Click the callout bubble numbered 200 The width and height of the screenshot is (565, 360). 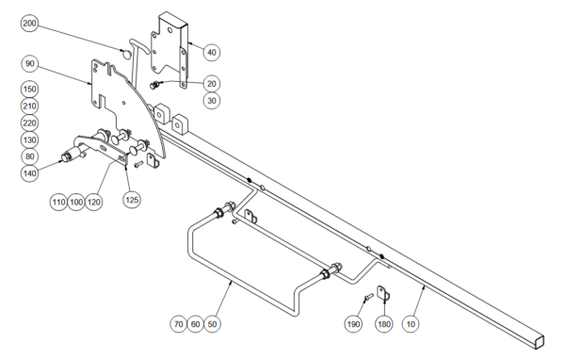29,24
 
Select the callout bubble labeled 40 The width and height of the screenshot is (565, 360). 212,53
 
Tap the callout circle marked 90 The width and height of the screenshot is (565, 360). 29,64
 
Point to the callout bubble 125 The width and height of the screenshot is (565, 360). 132,200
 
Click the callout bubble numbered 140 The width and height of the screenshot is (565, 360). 29,173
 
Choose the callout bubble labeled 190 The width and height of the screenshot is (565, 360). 353,324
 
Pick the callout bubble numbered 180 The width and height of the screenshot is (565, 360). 384,324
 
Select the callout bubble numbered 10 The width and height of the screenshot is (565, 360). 411,324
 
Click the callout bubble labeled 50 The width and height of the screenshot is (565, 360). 212,324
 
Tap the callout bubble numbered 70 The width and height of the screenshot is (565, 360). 179,324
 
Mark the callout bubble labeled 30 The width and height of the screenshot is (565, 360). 212,100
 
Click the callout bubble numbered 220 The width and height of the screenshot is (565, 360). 29,123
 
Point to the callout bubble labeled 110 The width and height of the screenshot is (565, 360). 58,202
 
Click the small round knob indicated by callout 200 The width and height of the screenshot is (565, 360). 126,55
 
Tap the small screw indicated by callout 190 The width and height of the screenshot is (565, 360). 368,297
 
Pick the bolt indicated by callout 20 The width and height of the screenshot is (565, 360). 154,86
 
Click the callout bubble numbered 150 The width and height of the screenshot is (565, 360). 29,90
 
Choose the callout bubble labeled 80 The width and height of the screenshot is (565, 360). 29,156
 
